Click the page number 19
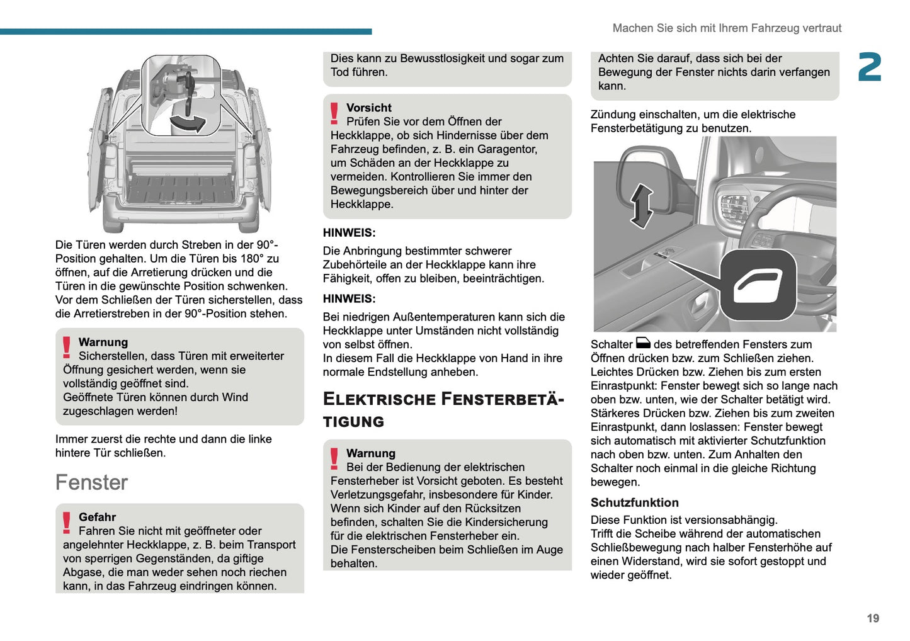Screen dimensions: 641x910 [872, 618]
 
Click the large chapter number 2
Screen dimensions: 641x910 [870, 67]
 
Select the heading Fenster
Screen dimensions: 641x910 [91, 482]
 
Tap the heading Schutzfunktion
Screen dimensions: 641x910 [634, 502]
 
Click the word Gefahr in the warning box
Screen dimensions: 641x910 [97, 517]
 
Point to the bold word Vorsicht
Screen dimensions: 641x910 [368, 108]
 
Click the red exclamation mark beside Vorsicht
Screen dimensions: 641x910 [334, 113]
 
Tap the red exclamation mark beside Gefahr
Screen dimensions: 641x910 [67, 523]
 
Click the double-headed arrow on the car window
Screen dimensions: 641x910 [641, 206]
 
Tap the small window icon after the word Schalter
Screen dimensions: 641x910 [643, 344]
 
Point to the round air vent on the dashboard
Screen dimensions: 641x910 [734, 209]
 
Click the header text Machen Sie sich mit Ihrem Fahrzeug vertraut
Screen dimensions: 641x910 [727, 28]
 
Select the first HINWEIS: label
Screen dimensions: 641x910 [349, 233]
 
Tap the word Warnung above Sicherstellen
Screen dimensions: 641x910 [103, 342]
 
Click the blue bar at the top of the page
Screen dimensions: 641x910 [186, 31]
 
